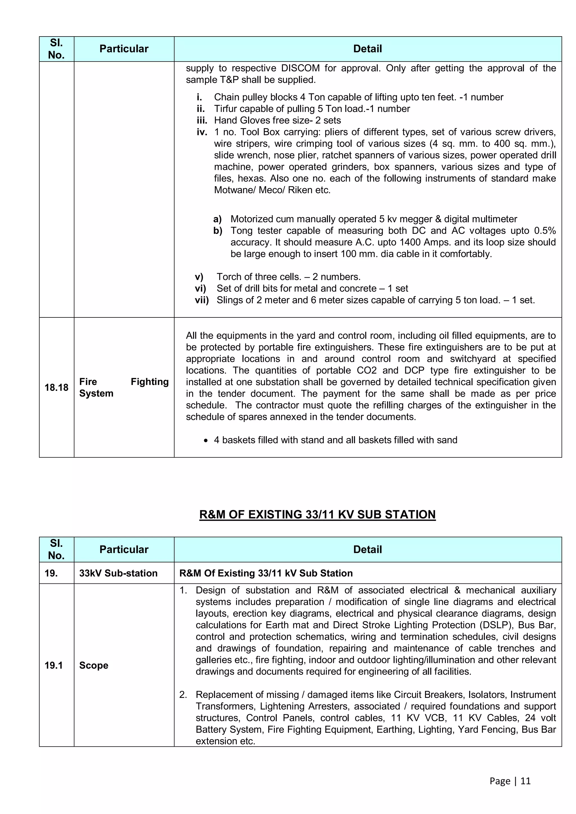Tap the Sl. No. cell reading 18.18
(57, 387)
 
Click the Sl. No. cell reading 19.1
(53, 665)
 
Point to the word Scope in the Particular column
(94, 665)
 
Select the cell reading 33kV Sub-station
(118, 573)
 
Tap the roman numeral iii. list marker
(202, 120)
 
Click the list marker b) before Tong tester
(217, 231)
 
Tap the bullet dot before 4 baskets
(206, 441)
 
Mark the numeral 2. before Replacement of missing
(183, 695)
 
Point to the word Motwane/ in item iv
(235, 190)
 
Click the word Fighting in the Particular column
(149, 382)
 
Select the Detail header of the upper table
(367, 49)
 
